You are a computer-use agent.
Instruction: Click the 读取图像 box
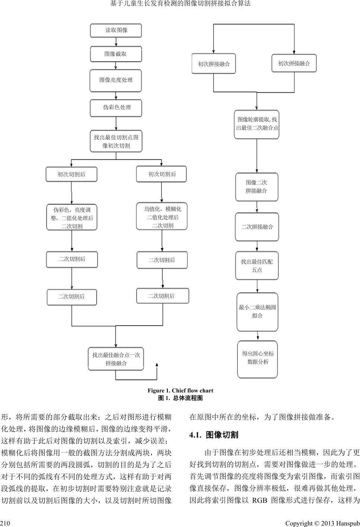(116, 31)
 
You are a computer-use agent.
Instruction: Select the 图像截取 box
(116, 54)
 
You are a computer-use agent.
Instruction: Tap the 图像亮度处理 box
(116, 80)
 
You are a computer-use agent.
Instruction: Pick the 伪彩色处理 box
(116, 108)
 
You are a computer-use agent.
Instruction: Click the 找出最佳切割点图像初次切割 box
(116, 141)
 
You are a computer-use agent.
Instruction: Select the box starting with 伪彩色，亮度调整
(72, 218)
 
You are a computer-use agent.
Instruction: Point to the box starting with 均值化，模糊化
(162, 217)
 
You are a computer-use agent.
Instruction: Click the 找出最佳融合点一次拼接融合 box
(116, 359)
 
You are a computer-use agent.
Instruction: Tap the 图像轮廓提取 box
(257, 124)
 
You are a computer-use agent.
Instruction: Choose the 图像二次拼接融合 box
(256, 187)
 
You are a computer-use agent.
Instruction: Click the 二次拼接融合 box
(257, 227)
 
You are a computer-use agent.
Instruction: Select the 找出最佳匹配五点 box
(257, 266)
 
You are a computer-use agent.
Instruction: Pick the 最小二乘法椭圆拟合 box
(257, 312)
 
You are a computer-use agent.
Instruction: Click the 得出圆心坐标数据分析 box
(258, 358)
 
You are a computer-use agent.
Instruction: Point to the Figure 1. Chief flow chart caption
(180, 391)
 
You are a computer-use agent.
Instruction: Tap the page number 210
(4, 523)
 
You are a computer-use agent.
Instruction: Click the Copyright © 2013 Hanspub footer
(322, 523)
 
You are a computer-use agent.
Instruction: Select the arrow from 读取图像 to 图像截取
(116, 42)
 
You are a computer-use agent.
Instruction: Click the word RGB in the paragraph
(260, 500)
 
